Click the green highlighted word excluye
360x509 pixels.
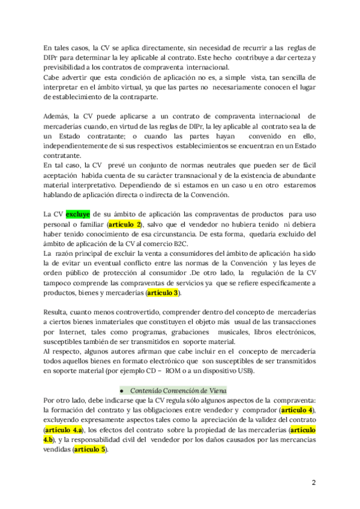click(x=77, y=214)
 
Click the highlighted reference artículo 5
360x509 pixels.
click(x=89, y=449)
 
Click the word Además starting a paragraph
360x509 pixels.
click(x=57, y=116)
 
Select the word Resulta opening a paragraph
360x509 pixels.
click(x=58, y=312)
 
